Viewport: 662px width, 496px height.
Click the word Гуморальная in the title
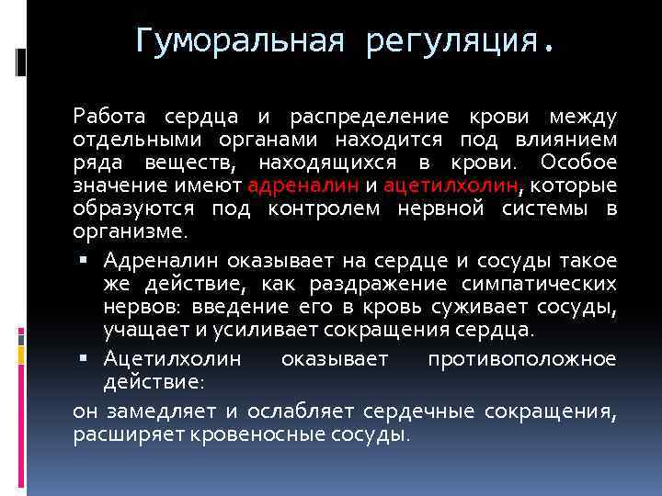[238, 40]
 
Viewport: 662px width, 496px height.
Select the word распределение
[370, 117]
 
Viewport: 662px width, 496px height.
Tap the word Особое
[578, 163]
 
